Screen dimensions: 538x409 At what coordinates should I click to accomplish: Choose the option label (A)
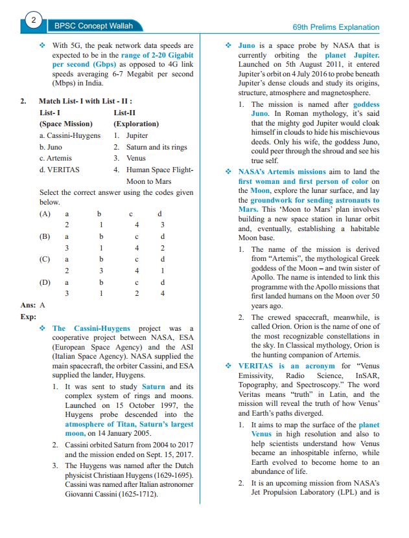pyautogui.click(x=45, y=213)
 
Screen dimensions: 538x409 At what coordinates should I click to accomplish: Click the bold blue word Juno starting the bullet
pyautogui.click(x=246, y=46)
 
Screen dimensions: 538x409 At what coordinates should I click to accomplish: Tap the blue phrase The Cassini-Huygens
pyautogui.click(x=91, y=328)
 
